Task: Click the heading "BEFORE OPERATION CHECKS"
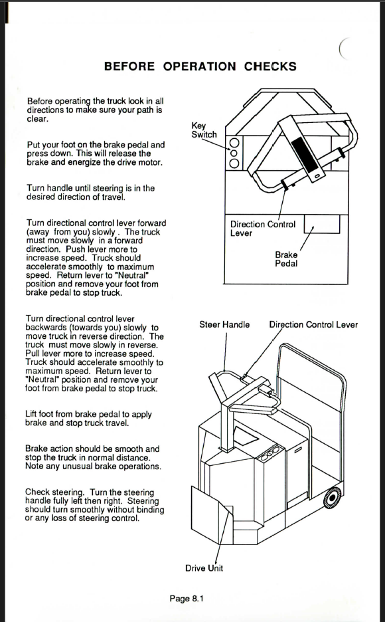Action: [200, 66]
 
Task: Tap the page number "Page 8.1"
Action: [186, 598]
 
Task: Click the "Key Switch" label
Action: [204, 130]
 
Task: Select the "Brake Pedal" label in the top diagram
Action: [286, 259]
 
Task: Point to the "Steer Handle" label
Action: [224, 324]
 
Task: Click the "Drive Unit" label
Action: [204, 568]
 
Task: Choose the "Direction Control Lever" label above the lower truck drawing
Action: [313, 324]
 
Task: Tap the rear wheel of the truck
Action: [332, 498]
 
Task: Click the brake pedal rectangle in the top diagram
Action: [322, 224]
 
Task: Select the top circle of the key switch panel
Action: [234, 143]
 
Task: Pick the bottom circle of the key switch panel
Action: [234, 163]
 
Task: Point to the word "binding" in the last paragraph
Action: [151, 510]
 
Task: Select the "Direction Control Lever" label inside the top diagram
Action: [263, 229]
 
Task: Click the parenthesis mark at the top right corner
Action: [344, 49]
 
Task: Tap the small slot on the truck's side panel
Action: [298, 449]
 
